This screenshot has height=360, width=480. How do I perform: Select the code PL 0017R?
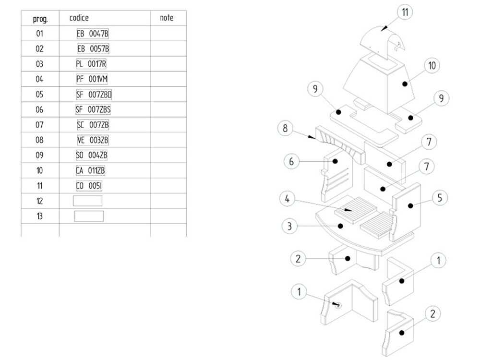[x=91, y=64]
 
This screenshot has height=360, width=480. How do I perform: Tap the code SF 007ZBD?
[x=94, y=95]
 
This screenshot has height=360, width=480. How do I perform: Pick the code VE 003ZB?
[x=93, y=140]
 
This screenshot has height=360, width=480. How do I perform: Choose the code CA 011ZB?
[x=91, y=170]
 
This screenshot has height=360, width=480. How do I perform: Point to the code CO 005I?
[x=89, y=186]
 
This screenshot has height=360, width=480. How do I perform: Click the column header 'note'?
[x=167, y=18]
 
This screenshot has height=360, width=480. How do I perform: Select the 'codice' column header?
[x=79, y=18]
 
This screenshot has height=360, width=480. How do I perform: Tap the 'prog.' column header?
[x=39, y=19]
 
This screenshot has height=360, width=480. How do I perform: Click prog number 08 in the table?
[x=39, y=140]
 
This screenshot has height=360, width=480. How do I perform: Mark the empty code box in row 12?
[x=87, y=201]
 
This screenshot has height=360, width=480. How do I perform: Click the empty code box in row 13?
[x=89, y=216]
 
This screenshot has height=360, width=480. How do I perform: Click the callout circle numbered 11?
[x=406, y=12]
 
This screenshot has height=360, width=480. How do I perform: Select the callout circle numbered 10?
[x=432, y=66]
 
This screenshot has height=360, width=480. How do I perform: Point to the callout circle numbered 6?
[x=291, y=161]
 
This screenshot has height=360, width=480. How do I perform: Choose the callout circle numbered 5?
[x=439, y=197]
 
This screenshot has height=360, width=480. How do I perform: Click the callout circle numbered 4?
[x=287, y=199]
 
